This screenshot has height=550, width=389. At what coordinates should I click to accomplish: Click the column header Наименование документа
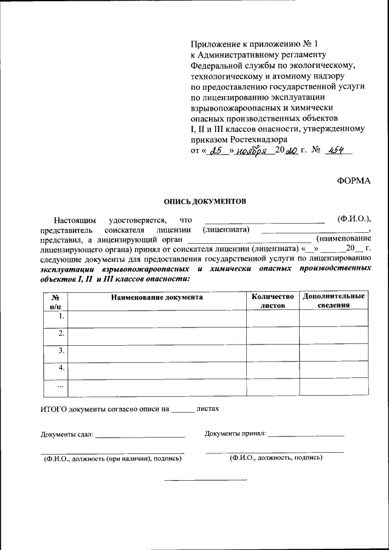click(157, 297)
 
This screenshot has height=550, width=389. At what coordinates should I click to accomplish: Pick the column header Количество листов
click(272, 301)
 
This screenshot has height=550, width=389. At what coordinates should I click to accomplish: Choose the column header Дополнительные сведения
click(333, 301)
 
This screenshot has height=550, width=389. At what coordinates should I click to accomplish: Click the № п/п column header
click(55, 301)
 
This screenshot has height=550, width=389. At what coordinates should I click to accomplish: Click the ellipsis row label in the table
click(60, 386)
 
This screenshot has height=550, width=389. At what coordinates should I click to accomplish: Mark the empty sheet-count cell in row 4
click(272, 370)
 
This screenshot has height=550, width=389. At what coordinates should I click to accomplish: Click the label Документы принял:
click(235, 433)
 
